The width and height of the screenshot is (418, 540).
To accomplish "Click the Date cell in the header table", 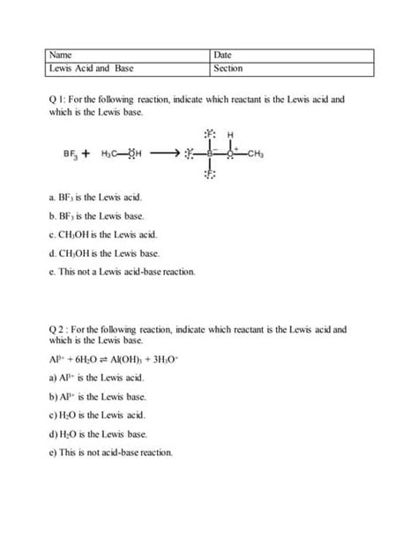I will [292, 55].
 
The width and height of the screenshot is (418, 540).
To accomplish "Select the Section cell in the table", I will [292, 68].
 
